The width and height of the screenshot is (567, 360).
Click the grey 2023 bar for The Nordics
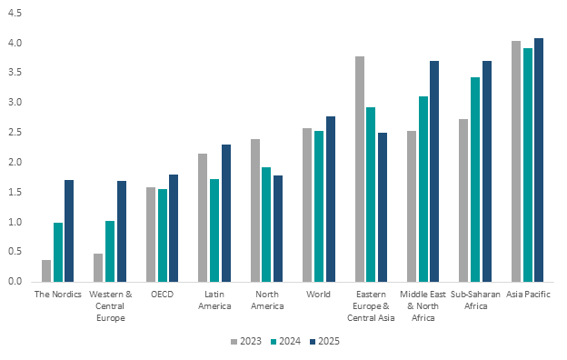point(46,271)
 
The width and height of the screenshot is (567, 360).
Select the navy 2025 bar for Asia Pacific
point(539,160)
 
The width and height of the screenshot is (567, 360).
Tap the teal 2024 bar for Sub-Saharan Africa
point(475,179)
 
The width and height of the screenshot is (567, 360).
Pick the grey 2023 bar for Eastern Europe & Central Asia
point(360,169)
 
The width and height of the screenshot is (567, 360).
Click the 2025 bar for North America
point(278,229)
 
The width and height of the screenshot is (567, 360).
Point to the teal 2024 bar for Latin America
point(214,231)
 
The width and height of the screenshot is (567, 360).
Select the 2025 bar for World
point(331,199)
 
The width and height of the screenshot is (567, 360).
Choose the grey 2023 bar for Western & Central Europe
point(98,268)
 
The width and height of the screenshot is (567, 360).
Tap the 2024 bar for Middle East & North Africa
point(423,189)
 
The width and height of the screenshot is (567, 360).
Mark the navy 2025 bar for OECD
point(174,228)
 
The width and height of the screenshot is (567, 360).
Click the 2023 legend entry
point(246,341)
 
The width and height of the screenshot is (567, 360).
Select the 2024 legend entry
point(285,341)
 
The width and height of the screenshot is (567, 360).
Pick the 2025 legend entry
point(324,341)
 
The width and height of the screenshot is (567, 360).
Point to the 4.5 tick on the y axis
point(15,14)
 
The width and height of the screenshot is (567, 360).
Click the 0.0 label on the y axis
point(15,281)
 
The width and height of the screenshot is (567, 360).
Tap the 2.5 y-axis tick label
point(15,133)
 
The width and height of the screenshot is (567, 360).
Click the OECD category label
point(163,295)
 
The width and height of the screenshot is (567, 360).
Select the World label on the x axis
point(319,295)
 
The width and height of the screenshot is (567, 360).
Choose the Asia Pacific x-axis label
point(528,295)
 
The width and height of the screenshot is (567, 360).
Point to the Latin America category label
point(214,300)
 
